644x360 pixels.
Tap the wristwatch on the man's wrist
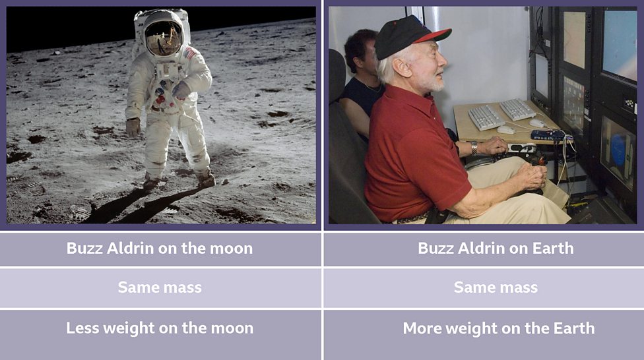coord(474,147)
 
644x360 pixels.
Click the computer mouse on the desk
coord(506,130)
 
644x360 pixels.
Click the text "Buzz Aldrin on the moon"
coord(159,249)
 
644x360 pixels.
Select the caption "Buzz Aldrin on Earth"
coord(496,249)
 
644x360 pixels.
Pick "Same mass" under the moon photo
coord(160,287)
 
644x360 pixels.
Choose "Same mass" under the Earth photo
coord(496,287)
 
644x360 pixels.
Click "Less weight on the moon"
coord(160,328)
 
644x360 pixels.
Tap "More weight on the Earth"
coord(498,328)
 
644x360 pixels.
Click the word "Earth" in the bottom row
coord(573,328)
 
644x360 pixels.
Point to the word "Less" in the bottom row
coord(82,328)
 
